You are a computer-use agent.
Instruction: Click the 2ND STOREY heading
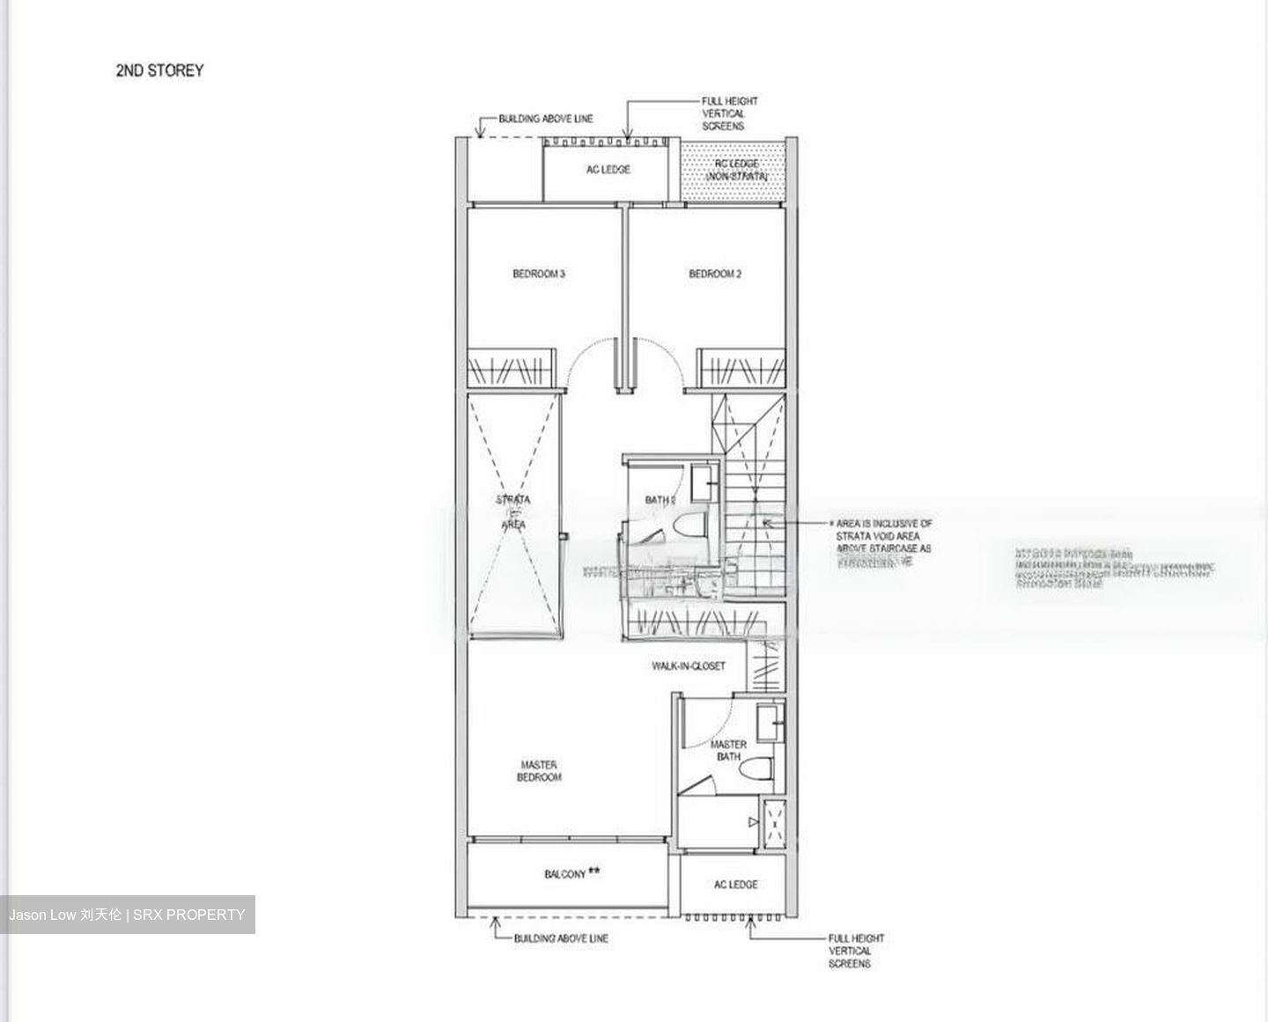(159, 70)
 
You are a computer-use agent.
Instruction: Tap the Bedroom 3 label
(539, 274)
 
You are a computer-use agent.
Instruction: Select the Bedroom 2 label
(715, 274)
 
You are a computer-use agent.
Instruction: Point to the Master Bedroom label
(539, 771)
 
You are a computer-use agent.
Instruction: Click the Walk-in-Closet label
(689, 665)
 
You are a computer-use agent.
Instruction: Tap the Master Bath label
(728, 750)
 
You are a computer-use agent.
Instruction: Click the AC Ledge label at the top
(608, 169)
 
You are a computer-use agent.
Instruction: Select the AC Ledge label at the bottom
(735, 884)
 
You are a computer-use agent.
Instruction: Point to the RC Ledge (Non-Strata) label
(736, 170)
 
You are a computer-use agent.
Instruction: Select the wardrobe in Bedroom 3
(512, 367)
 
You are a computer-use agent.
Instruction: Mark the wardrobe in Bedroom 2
(741, 367)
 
